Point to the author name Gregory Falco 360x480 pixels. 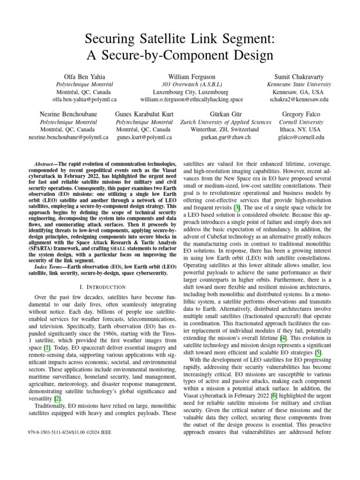301,114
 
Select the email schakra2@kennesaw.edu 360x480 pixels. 299,100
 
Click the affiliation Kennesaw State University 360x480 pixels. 299,84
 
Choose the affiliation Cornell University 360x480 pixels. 301,122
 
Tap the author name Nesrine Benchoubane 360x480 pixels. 68,114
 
